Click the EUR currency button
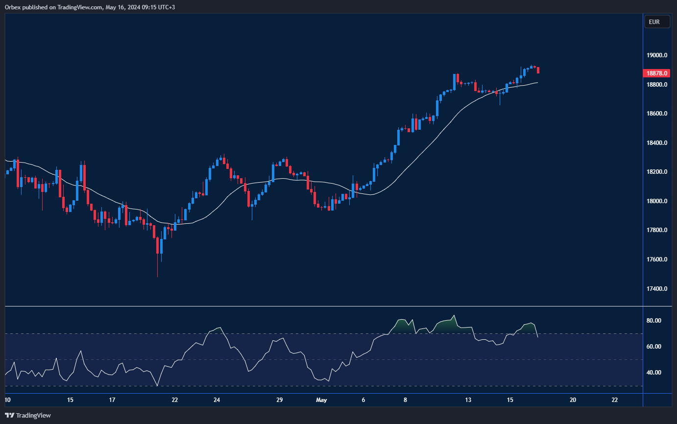click(x=654, y=22)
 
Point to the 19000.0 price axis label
click(x=657, y=55)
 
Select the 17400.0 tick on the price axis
click(x=657, y=289)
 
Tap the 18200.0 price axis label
click(x=657, y=172)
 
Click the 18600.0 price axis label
click(x=657, y=114)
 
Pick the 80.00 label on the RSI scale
click(x=653, y=321)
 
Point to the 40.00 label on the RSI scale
click(x=653, y=373)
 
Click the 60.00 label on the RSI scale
click(x=653, y=347)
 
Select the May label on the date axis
click(x=321, y=400)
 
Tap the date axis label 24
click(x=217, y=400)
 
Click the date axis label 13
click(x=468, y=400)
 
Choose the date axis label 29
click(x=279, y=400)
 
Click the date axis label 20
click(x=573, y=400)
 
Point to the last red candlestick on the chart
click(x=538, y=71)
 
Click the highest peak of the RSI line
click(x=454, y=315)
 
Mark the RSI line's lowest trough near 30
click(x=157, y=386)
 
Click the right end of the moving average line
click(x=537, y=83)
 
